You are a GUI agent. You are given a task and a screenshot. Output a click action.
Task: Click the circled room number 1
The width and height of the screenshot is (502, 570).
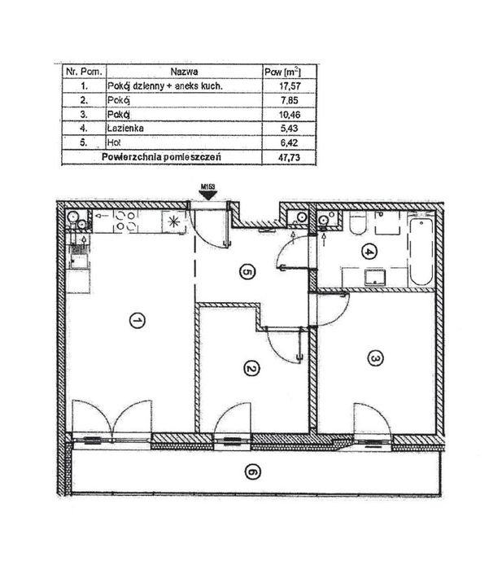click(138, 321)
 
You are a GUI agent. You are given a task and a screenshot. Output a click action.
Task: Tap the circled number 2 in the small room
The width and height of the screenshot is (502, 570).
click(251, 370)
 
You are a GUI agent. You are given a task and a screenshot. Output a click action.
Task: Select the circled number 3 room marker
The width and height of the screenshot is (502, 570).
click(376, 358)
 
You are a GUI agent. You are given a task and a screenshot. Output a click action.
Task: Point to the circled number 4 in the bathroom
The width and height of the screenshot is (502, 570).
click(369, 252)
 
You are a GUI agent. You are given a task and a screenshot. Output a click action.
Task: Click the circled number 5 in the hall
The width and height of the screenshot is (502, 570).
click(247, 272)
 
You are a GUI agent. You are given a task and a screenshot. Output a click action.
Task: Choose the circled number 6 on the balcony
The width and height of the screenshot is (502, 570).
click(253, 472)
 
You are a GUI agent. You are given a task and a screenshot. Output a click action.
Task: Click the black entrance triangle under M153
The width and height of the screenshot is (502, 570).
click(208, 195)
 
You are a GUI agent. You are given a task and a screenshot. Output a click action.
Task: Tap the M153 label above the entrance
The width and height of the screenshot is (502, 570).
click(208, 186)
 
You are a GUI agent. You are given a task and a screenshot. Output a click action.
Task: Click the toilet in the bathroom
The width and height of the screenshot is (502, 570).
click(358, 224)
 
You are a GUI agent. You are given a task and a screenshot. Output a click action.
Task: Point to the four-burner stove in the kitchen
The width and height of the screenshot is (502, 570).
click(125, 221)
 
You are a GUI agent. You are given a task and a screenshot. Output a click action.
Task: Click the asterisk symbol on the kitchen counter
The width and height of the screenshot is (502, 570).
click(173, 221)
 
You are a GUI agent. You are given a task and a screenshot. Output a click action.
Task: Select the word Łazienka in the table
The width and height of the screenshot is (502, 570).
click(125, 129)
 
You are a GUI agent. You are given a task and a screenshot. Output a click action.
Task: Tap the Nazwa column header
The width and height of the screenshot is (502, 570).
click(184, 72)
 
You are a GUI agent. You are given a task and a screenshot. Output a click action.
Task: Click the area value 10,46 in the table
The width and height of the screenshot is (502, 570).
click(290, 115)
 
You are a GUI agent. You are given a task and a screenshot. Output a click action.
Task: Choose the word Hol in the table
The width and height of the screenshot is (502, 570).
click(114, 142)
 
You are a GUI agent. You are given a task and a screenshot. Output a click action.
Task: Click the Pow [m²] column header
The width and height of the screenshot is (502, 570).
click(283, 72)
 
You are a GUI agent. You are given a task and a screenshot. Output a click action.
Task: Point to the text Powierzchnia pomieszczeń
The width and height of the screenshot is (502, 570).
click(162, 157)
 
